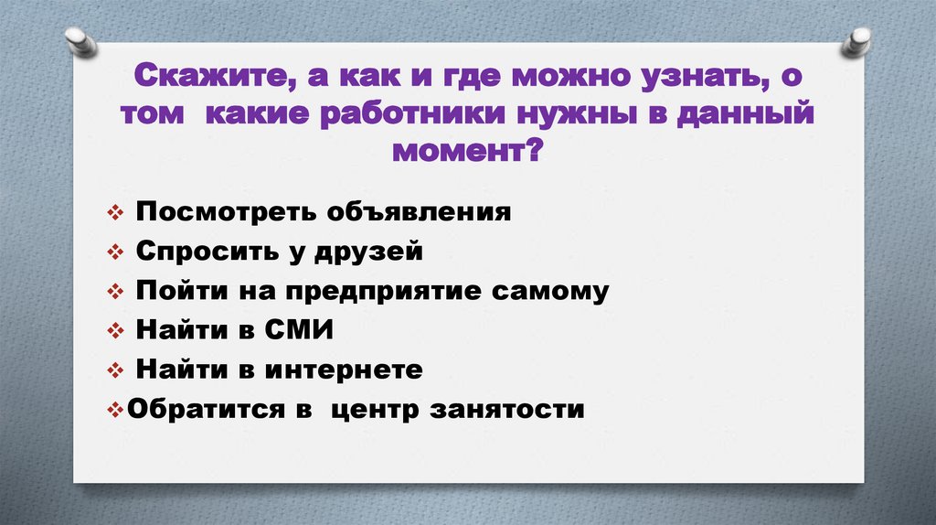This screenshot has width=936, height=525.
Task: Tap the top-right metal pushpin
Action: click(858, 41)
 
